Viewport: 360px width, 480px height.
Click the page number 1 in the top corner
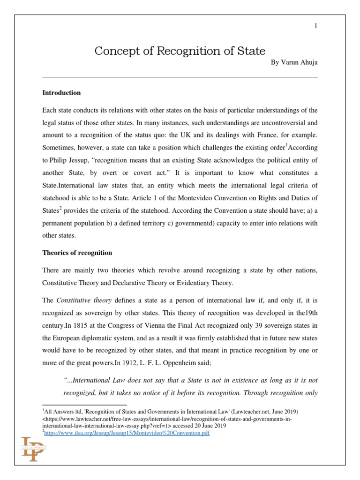point(316,26)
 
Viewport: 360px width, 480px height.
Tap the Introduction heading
point(61,93)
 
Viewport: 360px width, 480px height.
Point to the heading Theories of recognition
point(77,253)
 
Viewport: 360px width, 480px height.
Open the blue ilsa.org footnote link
point(127,433)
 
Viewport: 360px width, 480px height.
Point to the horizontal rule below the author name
point(180,77)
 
